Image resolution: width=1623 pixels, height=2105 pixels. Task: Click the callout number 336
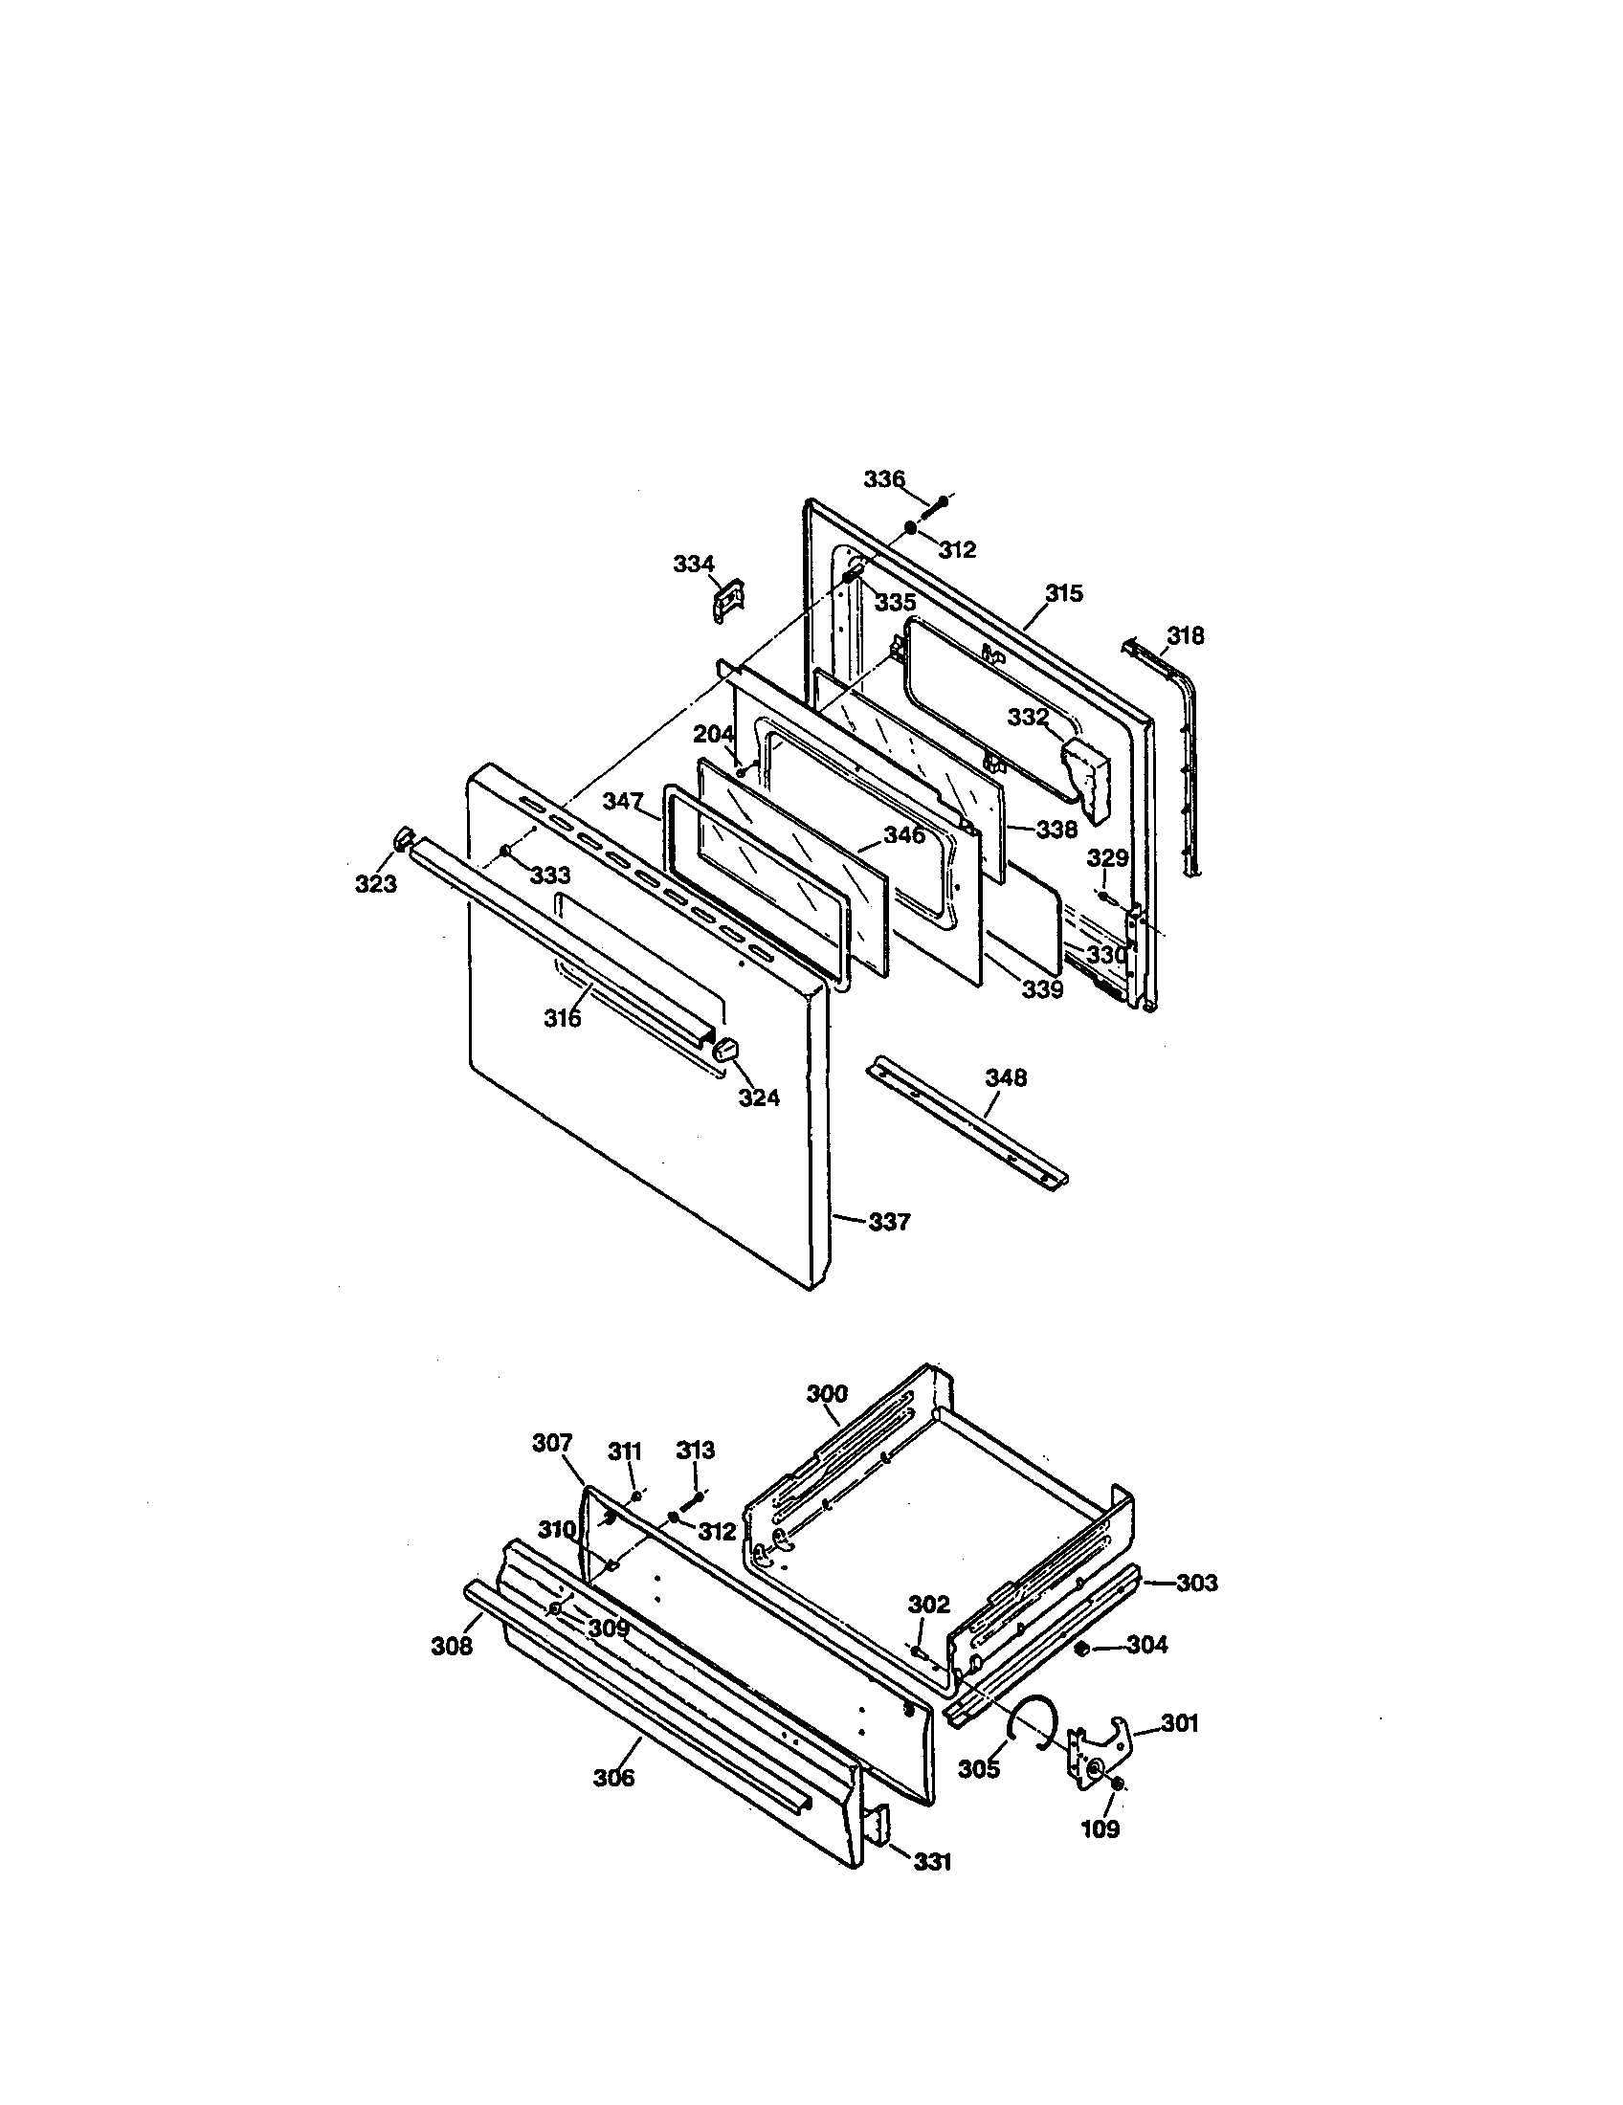point(884,479)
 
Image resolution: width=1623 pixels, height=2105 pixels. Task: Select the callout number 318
point(1185,635)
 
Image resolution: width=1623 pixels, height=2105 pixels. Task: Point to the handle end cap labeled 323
point(403,836)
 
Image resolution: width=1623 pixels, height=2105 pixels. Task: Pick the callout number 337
point(889,1222)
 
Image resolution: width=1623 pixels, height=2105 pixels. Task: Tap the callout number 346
point(903,834)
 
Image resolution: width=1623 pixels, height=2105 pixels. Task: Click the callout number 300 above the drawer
point(827,1394)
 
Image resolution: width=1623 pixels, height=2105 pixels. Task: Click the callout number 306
point(614,1778)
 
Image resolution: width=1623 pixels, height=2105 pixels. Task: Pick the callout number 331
point(932,1862)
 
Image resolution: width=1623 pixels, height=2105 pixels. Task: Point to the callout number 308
point(451,1647)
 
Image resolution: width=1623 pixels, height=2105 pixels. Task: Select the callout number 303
point(1196,1583)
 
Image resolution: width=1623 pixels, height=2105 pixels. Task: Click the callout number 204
point(714,735)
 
